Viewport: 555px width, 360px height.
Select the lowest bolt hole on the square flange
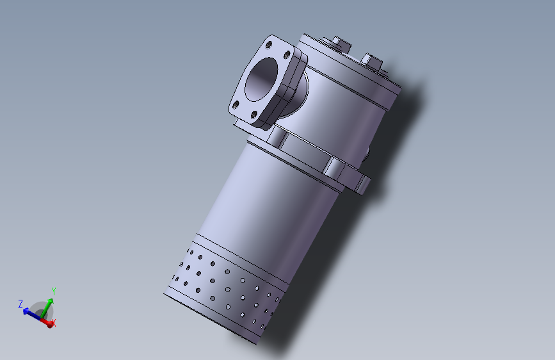coord(254,115)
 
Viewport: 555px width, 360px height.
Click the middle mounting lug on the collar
coord(335,168)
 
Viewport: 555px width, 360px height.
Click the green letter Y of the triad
coord(54,292)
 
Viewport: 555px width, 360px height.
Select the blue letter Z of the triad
coord(20,304)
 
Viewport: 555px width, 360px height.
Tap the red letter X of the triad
coord(54,323)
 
